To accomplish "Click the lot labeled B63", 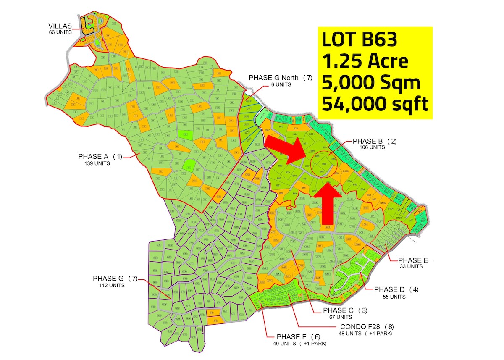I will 324,164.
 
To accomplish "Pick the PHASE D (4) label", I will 390,289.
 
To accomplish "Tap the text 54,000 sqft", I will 375,103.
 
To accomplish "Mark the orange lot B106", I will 345,171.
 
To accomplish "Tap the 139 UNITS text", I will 97,163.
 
